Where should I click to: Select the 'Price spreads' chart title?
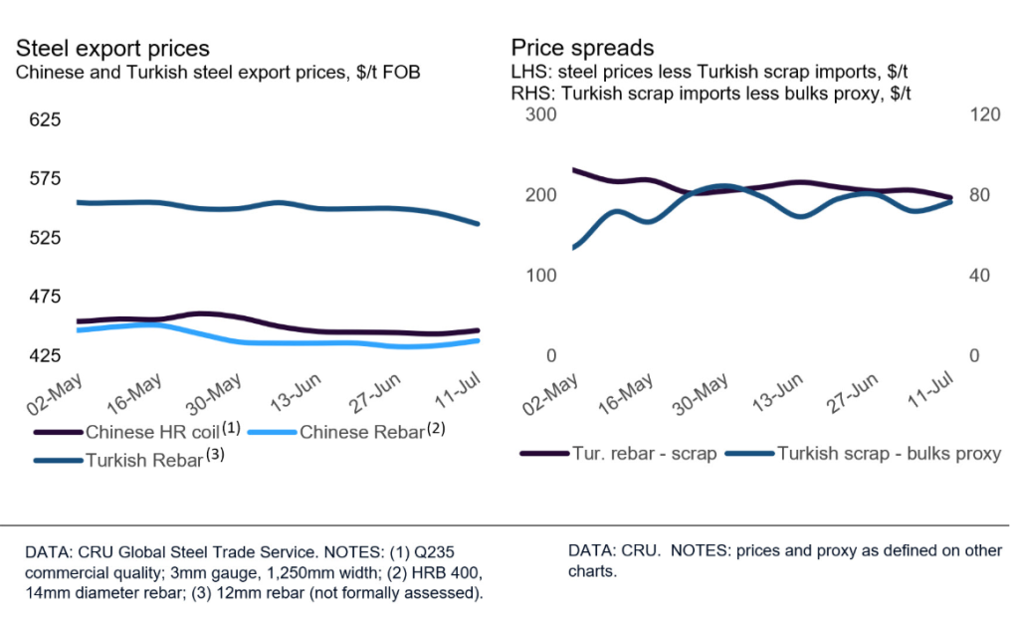point(568,48)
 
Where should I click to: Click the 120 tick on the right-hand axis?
point(983,114)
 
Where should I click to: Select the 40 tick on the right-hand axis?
point(979,276)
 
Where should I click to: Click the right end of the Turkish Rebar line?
point(478,224)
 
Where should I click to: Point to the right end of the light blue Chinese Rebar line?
point(478,340)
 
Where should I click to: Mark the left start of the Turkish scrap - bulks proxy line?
point(573,248)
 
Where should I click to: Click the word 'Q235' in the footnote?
point(444,550)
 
